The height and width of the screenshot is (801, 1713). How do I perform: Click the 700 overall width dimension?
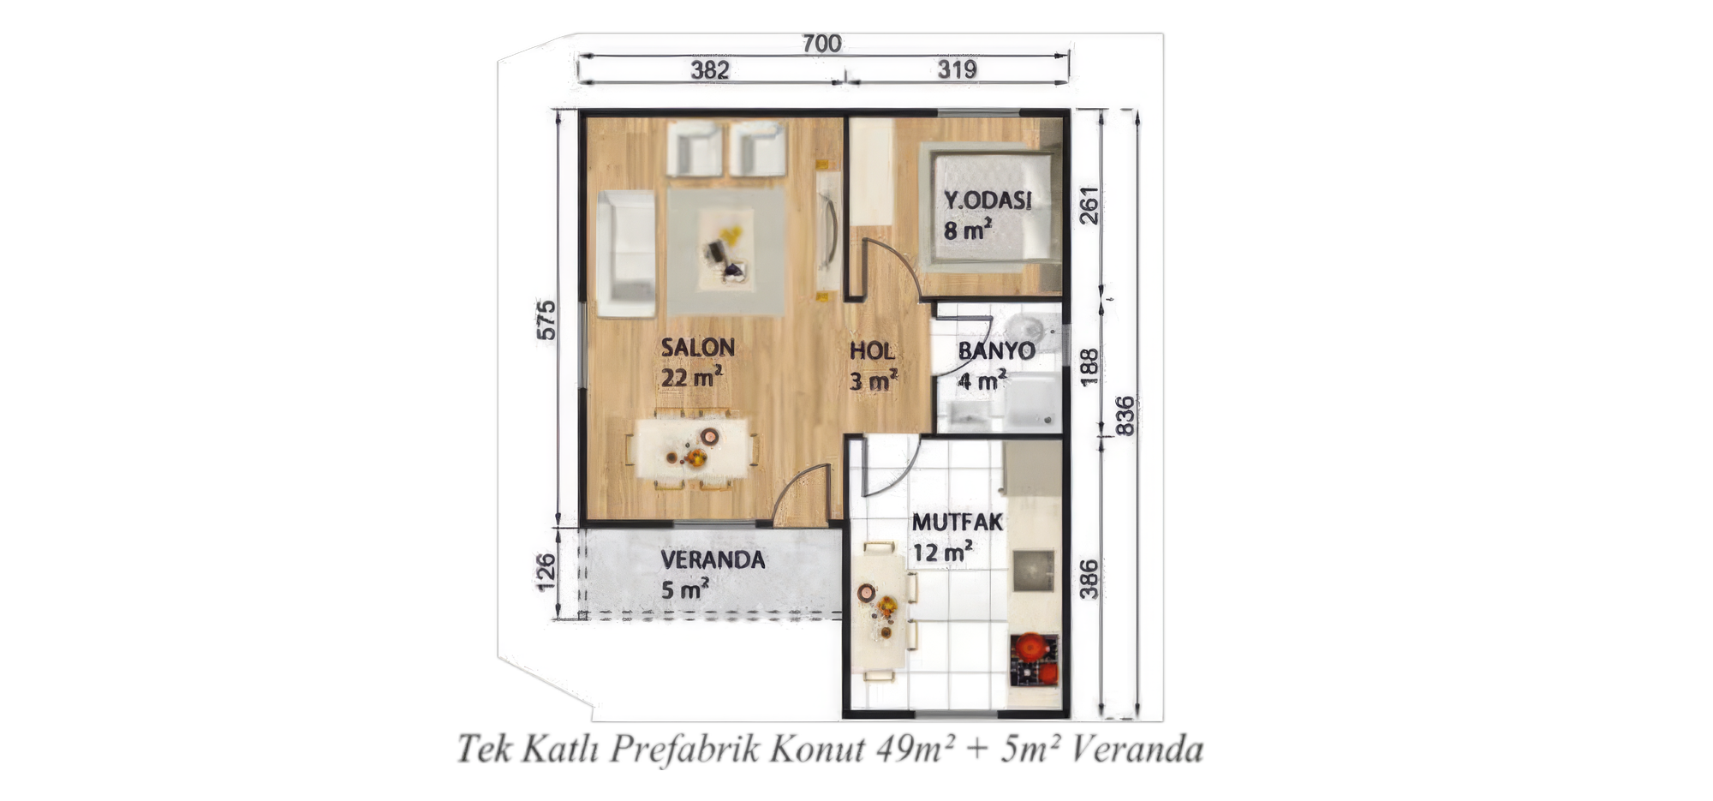click(x=821, y=44)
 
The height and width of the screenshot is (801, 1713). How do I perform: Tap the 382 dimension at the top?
click(x=710, y=70)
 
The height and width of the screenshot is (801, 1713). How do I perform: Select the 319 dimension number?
click(x=957, y=69)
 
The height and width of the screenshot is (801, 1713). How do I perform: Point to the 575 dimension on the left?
click(x=546, y=320)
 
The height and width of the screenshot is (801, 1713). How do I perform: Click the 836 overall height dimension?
click(x=1125, y=415)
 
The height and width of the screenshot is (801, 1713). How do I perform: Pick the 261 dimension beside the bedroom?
click(x=1088, y=206)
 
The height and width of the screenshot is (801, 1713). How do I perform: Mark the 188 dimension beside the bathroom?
click(x=1088, y=367)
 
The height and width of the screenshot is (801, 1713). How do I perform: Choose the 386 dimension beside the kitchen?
click(x=1088, y=579)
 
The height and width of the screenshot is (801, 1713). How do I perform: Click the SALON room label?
click(x=697, y=348)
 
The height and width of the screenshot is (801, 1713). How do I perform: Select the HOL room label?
click(x=872, y=351)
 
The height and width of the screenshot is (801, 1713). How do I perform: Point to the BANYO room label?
click(x=996, y=350)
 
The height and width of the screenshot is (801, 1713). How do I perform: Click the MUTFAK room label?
click(x=957, y=522)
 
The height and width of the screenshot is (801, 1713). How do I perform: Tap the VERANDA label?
click(x=713, y=560)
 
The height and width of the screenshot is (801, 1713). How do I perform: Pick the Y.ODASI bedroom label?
click(x=988, y=200)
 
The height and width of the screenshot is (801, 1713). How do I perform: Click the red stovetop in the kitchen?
click(x=1034, y=659)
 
